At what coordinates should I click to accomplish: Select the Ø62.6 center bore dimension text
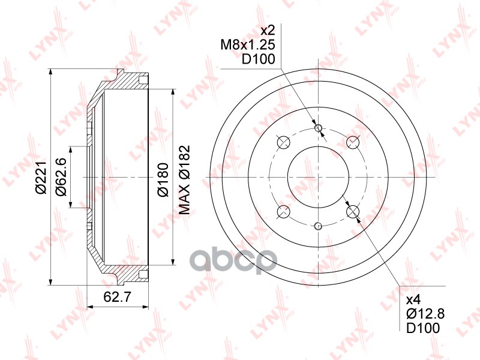click(x=61, y=176)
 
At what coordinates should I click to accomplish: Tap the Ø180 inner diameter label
click(x=163, y=179)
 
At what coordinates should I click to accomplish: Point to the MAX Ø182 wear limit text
click(x=184, y=180)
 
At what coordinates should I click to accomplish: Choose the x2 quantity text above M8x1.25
click(x=267, y=30)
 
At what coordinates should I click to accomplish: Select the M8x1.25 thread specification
click(x=248, y=45)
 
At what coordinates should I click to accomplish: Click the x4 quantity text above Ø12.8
click(x=414, y=299)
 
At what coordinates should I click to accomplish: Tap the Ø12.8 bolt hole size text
click(x=425, y=313)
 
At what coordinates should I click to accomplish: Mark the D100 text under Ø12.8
click(x=423, y=328)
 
